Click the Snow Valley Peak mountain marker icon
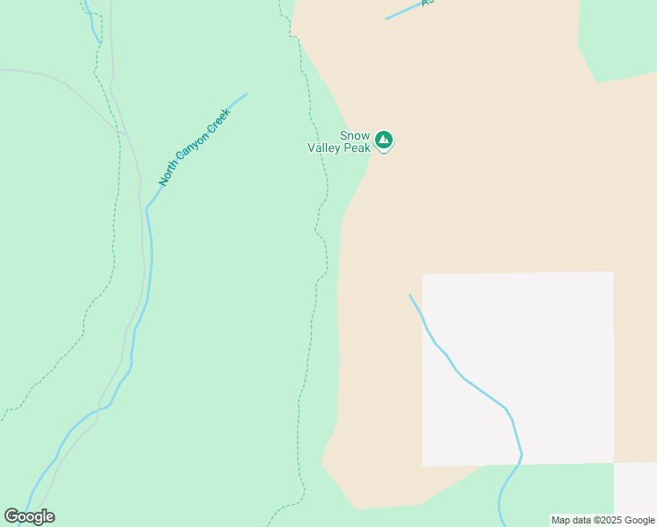point(384,140)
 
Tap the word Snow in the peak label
point(354,135)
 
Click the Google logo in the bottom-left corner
point(29,516)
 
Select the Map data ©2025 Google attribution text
point(603,520)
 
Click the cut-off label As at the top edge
point(428,3)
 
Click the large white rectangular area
point(545,351)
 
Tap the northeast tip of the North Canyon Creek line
point(246,94)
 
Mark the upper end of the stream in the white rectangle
point(410,296)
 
